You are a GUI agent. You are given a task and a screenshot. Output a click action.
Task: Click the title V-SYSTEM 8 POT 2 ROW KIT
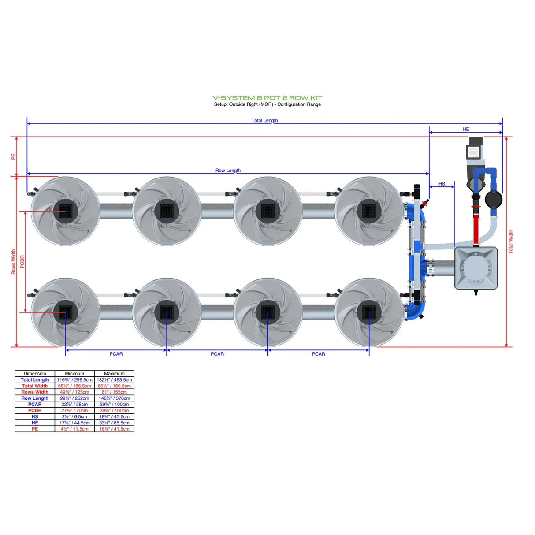(x=267, y=98)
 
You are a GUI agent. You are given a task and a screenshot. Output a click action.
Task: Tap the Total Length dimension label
(x=264, y=120)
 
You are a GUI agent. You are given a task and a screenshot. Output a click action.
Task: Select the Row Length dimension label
(x=228, y=171)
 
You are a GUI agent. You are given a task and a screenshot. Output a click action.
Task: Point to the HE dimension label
(x=465, y=129)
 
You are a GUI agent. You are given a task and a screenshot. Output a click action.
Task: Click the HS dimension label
(x=442, y=184)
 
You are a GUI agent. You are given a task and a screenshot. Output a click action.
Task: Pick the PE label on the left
(x=13, y=156)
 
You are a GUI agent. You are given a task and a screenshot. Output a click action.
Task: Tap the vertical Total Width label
(x=511, y=241)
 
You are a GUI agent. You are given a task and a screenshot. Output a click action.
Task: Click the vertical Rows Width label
(x=13, y=262)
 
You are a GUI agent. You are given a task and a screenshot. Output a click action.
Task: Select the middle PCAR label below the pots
(x=217, y=354)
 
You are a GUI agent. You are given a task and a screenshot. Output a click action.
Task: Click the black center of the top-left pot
(x=65, y=211)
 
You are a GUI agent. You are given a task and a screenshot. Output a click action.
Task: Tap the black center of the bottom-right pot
(x=369, y=312)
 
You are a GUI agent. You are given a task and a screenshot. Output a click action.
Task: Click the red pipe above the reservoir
(x=476, y=227)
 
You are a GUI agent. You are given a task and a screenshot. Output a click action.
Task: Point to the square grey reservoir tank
(x=476, y=268)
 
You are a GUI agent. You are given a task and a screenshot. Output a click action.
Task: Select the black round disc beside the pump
(x=494, y=199)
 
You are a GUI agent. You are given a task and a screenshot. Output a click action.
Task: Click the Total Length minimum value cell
(x=74, y=379)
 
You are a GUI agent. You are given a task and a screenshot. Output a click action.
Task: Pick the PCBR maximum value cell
(x=114, y=410)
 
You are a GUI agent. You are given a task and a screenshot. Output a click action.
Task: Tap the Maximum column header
(x=114, y=373)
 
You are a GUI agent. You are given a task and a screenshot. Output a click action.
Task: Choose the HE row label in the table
(x=35, y=423)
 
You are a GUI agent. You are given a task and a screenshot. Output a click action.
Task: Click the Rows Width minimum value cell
(x=74, y=392)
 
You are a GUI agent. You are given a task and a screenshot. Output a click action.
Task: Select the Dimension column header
(x=35, y=373)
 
